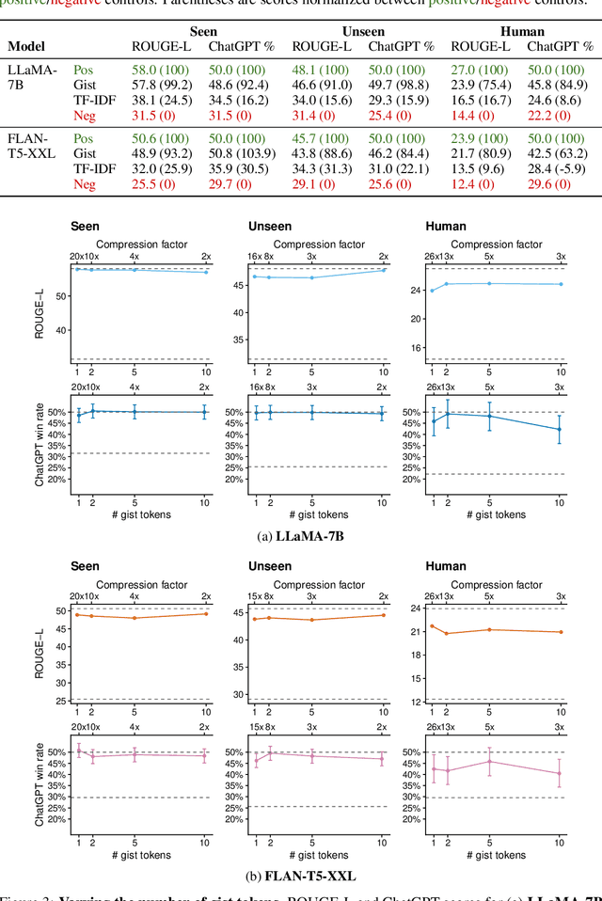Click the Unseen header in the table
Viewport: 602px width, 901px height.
click(x=362, y=31)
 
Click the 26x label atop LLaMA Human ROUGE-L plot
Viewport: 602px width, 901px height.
click(x=430, y=256)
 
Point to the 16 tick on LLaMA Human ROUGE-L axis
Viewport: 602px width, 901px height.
click(x=416, y=347)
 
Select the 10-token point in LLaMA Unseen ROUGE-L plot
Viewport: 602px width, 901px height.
click(x=383, y=270)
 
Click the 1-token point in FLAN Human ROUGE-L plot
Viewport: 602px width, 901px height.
click(x=431, y=625)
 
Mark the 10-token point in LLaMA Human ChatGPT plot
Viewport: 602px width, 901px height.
click(x=560, y=430)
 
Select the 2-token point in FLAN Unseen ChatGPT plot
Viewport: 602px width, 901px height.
click(x=270, y=752)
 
